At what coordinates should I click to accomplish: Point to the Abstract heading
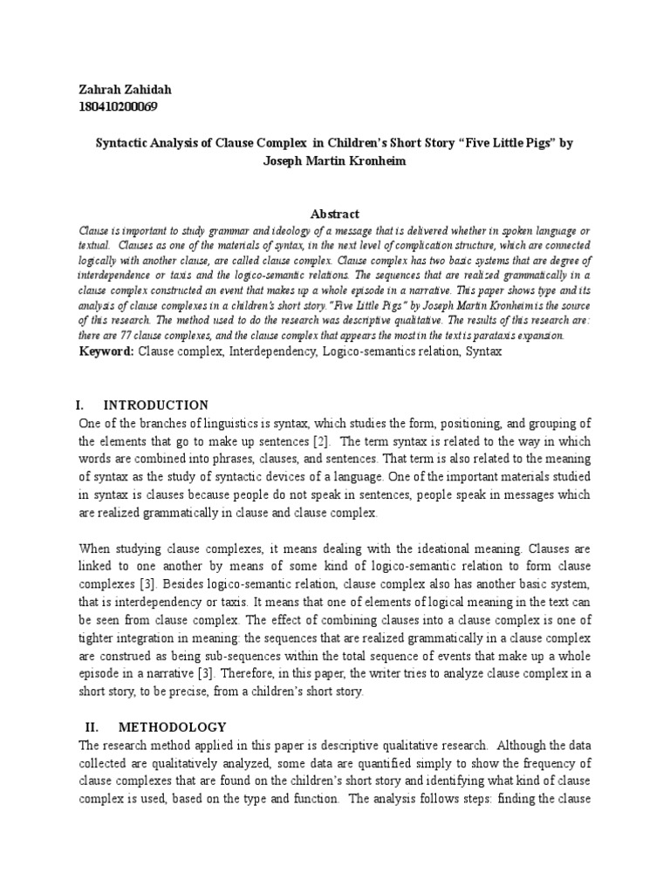(x=335, y=214)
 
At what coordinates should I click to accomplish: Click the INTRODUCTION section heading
(x=156, y=406)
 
